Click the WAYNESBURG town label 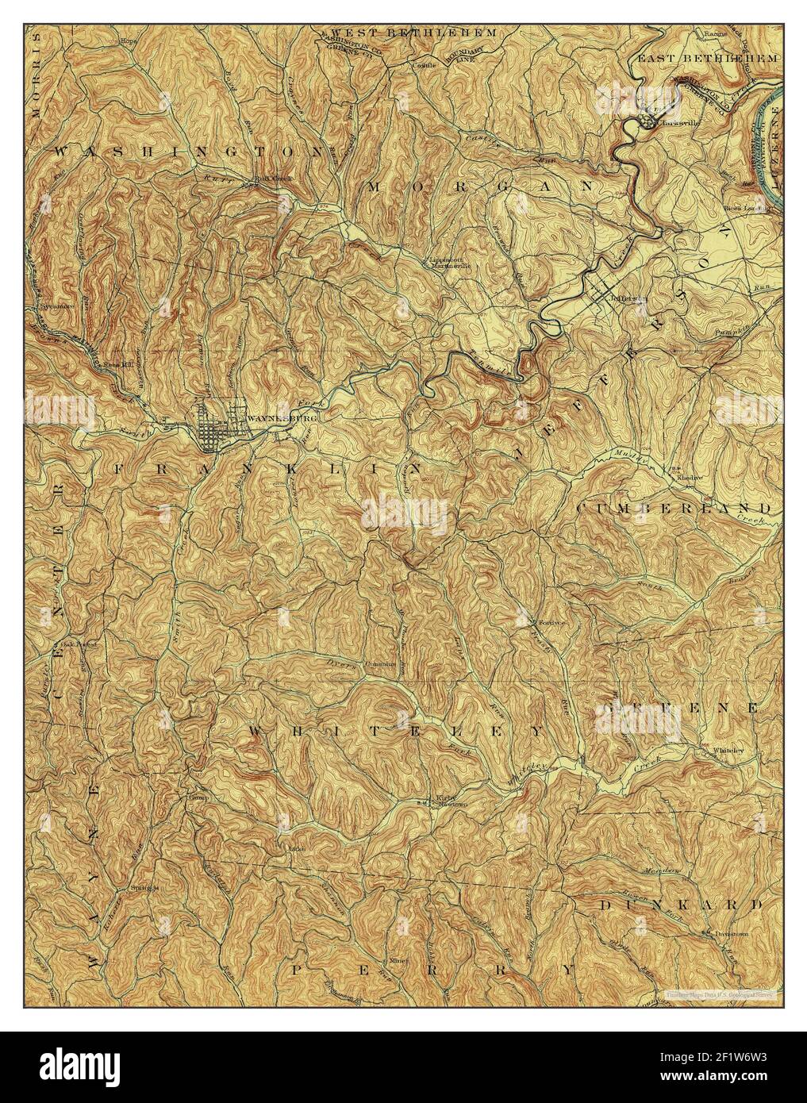[x=271, y=418]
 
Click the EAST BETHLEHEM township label [x=719, y=58]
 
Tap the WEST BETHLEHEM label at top [x=408, y=33]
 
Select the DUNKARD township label [x=680, y=905]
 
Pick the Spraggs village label [x=146, y=887]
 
